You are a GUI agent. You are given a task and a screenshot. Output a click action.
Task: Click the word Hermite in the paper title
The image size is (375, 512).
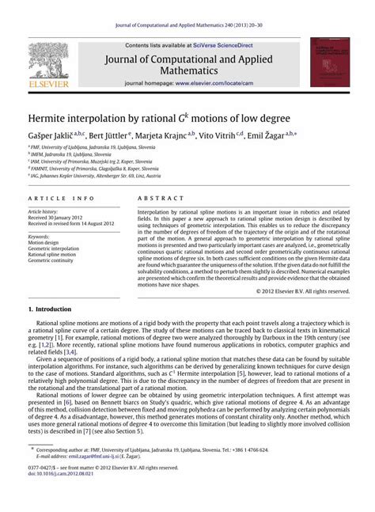[53, 116]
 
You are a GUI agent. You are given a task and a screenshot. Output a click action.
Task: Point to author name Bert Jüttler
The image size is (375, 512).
[112, 135]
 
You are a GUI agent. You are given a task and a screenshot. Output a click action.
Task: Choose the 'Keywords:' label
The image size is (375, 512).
[40, 236]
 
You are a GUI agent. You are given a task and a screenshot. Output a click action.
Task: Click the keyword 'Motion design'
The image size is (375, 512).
[47, 242]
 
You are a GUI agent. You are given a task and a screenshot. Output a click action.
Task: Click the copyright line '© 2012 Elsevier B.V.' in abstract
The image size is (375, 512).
[303, 290]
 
